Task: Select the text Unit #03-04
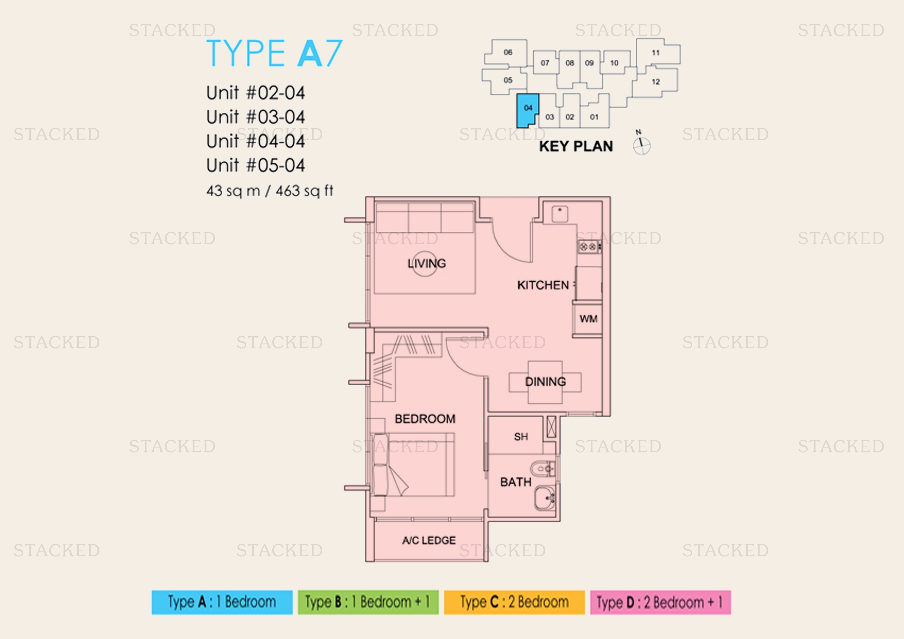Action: pyautogui.click(x=255, y=117)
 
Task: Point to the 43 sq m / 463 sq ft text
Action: pyautogui.click(x=270, y=191)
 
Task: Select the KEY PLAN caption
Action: pyautogui.click(x=576, y=146)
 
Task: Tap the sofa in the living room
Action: pyautogui.click(x=425, y=218)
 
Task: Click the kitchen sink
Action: pyautogui.click(x=560, y=214)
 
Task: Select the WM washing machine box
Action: pyautogui.click(x=588, y=319)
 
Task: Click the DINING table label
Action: pyautogui.click(x=545, y=381)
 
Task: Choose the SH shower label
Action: pyautogui.click(x=521, y=437)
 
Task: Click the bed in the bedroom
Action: pyautogui.click(x=413, y=465)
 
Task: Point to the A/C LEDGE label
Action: pyautogui.click(x=429, y=540)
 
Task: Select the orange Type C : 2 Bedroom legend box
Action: pyautogui.click(x=514, y=602)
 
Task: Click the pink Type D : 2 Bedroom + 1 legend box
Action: pyautogui.click(x=660, y=602)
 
